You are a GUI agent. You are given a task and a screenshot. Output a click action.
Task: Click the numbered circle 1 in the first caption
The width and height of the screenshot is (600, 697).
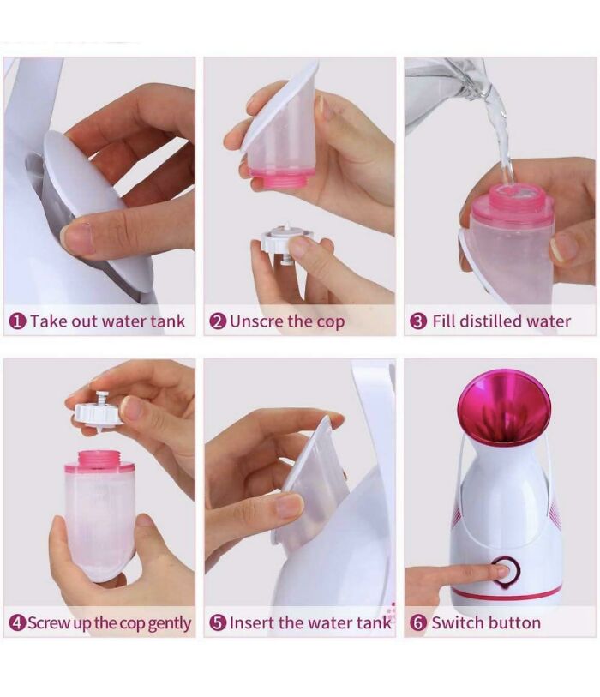point(17,321)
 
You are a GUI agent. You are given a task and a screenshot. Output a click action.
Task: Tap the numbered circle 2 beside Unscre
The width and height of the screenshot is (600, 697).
point(218,321)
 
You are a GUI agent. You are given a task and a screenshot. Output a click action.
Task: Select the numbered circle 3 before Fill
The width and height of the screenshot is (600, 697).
point(418,321)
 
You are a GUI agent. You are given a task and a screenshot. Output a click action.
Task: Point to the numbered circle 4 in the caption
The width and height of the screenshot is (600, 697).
point(17,623)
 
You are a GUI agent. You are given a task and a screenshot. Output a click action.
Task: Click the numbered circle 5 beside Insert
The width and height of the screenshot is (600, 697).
point(218,623)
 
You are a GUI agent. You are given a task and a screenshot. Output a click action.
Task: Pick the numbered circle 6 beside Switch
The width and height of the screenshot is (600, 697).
point(418,623)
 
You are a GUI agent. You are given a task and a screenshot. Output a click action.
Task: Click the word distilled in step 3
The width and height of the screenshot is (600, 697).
point(489,321)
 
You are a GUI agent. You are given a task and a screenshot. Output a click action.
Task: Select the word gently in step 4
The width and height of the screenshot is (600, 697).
point(169,624)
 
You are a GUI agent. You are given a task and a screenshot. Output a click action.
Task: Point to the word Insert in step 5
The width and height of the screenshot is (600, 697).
point(253,623)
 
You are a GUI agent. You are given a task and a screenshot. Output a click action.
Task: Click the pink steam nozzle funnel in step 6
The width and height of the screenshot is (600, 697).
point(503,403)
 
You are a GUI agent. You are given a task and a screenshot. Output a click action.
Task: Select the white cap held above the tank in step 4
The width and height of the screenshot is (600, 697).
point(101,411)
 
